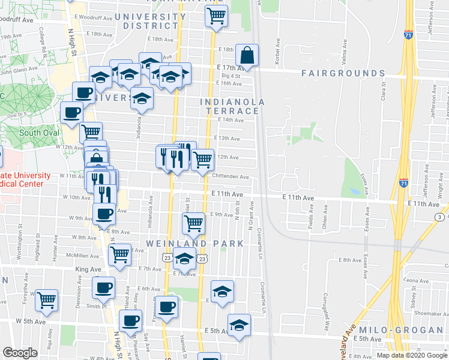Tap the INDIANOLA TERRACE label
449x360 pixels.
pyautogui.click(x=232, y=106)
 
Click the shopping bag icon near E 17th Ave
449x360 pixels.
pyautogui.click(x=247, y=56)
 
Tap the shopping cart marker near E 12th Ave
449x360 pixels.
pyautogui.click(x=203, y=159)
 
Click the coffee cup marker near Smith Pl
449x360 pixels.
pyautogui.click(x=104, y=289)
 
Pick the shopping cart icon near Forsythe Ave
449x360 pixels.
pyautogui.click(x=46, y=300)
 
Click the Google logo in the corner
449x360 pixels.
pyautogui.click(x=19, y=353)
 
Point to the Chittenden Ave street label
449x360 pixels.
pyautogui.click(x=231, y=176)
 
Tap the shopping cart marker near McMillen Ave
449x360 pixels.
pyautogui.click(x=120, y=254)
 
